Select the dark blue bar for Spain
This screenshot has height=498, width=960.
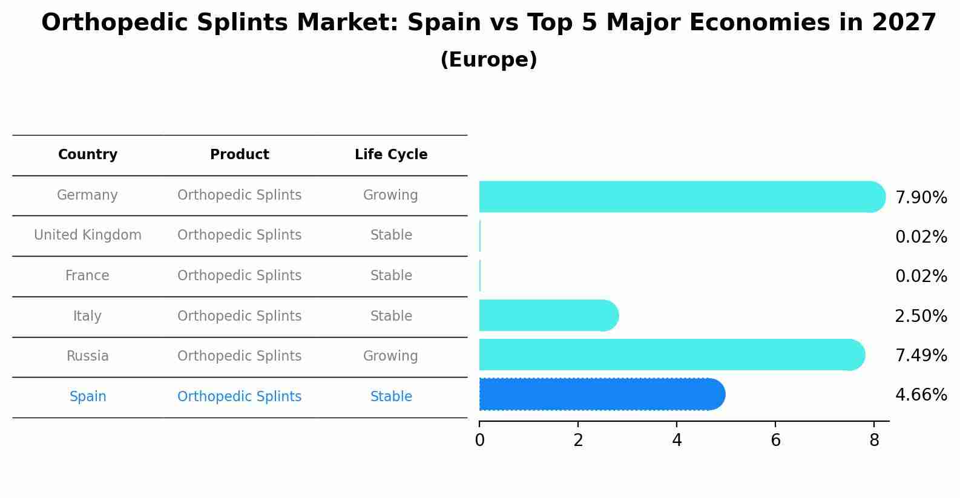click(601, 395)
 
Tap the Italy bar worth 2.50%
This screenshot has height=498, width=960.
click(548, 315)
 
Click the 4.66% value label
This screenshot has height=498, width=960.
click(921, 395)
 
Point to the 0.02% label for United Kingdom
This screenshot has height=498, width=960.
click(921, 237)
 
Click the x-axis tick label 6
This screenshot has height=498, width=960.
click(775, 441)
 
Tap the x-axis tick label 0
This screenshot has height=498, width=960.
click(480, 441)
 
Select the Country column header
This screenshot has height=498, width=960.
click(88, 155)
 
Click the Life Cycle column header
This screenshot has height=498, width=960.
click(391, 155)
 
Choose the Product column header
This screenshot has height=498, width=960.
click(240, 155)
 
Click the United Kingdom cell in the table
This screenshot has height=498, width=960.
click(88, 235)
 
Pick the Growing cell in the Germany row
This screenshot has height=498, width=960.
click(390, 195)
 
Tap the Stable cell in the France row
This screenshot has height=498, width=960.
click(391, 276)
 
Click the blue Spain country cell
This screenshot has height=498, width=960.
click(88, 397)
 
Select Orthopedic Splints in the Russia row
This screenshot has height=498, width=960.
click(240, 356)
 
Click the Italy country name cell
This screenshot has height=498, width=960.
click(87, 316)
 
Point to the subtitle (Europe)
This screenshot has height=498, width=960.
click(488, 60)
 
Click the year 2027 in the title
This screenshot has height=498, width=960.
click(904, 23)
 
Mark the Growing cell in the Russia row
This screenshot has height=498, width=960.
click(390, 356)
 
